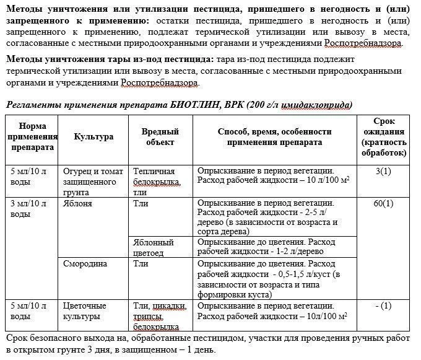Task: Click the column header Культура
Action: click(x=93, y=137)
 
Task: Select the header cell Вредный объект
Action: click(x=160, y=137)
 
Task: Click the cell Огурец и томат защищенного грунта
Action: click(x=90, y=177)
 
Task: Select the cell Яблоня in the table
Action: click(x=77, y=203)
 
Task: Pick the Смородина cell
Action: click(x=85, y=263)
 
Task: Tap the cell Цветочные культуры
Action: click(x=85, y=311)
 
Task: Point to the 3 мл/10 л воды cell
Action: click(x=29, y=208)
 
